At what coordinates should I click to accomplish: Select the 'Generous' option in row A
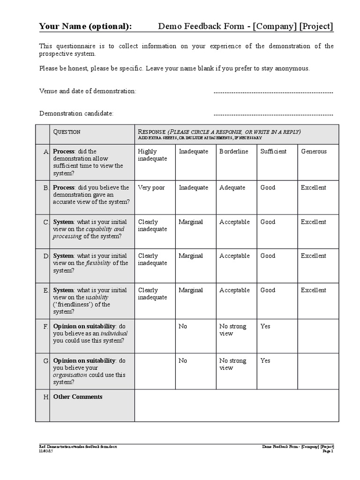click(x=314, y=151)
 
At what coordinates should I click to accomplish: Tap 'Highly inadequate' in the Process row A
click(x=152, y=155)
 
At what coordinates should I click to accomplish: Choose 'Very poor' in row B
click(x=151, y=187)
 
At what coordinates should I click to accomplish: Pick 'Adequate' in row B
click(x=232, y=187)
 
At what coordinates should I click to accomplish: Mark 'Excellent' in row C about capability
click(x=313, y=222)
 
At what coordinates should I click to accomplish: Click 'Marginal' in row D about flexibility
click(x=190, y=256)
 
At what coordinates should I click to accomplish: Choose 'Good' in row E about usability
click(x=268, y=290)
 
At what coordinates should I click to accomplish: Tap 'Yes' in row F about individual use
click(x=265, y=326)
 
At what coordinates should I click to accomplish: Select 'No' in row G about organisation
click(x=183, y=360)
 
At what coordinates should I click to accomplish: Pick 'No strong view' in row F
click(x=232, y=330)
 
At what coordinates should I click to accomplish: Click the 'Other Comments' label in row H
click(x=78, y=397)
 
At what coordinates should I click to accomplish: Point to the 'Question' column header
click(x=67, y=132)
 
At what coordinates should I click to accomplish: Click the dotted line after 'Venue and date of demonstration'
click(x=273, y=92)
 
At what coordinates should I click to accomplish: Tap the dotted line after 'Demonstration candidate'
click(x=273, y=114)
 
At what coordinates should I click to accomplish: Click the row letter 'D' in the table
click(x=46, y=256)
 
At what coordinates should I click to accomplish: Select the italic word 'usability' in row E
click(x=97, y=297)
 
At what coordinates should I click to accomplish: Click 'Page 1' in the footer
click(x=328, y=451)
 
